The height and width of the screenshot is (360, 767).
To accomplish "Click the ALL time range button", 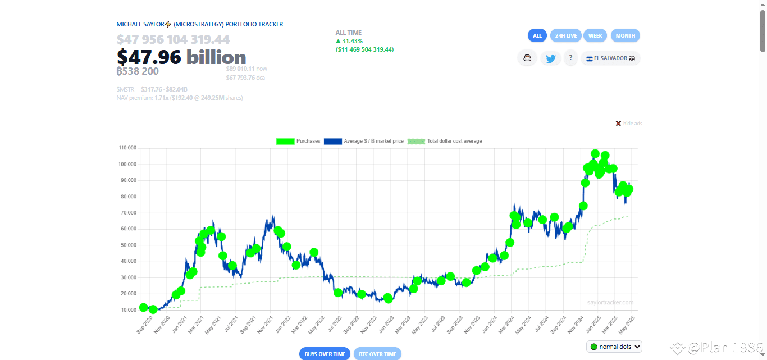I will [537, 35].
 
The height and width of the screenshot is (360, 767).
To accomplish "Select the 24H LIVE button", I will [566, 35].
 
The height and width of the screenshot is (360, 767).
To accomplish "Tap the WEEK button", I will [595, 35].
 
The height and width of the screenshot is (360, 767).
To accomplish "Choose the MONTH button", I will [625, 35].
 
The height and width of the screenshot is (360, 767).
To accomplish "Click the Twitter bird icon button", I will [550, 58].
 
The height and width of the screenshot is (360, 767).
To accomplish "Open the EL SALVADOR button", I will [610, 58].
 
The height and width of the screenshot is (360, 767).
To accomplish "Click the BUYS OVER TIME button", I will [325, 354].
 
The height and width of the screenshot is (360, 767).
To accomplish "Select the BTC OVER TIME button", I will [378, 354].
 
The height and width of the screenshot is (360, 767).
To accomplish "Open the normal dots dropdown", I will [614, 347].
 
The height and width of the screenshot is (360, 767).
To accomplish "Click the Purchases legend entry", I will [298, 141].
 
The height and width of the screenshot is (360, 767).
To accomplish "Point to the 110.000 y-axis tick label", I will [127, 148].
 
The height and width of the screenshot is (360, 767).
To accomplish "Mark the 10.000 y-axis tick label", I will [128, 310].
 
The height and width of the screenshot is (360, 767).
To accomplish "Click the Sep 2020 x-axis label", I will [145, 325].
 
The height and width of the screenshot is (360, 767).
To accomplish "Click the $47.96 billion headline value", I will [181, 57].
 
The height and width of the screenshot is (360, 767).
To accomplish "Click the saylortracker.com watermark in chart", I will [610, 302].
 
